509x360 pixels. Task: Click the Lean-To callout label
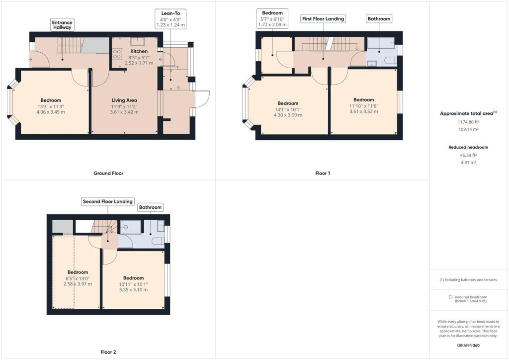(170, 12)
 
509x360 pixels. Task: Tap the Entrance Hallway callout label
(63, 25)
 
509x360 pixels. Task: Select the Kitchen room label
(139, 51)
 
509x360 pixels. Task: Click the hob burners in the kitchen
(118, 54)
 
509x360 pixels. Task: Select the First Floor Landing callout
(323, 18)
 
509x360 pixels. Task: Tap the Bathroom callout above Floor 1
(379, 18)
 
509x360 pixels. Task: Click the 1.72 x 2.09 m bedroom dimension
(272, 24)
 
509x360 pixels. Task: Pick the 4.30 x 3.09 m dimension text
(288, 115)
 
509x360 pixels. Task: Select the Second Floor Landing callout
(108, 201)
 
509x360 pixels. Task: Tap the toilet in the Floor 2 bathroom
(158, 241)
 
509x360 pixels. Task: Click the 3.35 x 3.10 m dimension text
(133, 290)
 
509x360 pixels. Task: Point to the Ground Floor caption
(108, 174)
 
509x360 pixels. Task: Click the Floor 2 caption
(108, 352)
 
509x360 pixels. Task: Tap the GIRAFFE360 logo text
(468, 345)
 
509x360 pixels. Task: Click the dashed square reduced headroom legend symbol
(451, 297)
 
